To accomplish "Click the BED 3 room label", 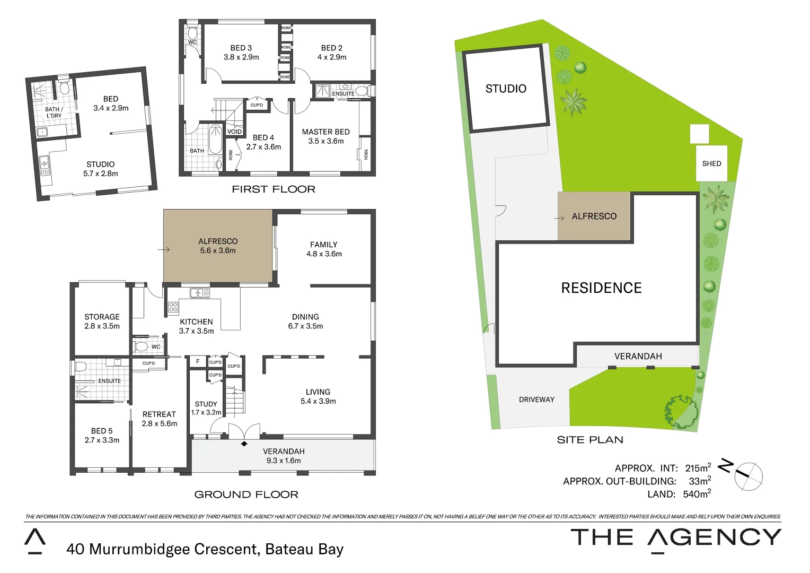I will click(241, 48).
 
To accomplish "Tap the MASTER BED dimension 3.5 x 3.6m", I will click(326, 141).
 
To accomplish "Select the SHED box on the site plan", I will click(711, 163).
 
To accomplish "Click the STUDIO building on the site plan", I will click(506, 89).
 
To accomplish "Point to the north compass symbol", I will click(747, 476).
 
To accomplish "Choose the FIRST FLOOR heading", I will click(274, 189).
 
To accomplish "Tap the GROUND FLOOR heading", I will click(246, 494).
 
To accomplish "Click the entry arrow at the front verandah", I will click(244, 443).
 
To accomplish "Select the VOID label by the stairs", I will click(234, 132).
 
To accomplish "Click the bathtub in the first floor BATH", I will click(215, 139).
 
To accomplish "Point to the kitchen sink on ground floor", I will click(200, 293).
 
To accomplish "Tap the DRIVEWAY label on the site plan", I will click(536, 400).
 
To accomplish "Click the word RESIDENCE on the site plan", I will click(601, 288).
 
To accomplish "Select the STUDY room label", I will click(206, 404).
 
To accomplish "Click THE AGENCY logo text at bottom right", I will click(675, 538).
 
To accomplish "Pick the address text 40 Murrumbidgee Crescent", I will click(205, 549).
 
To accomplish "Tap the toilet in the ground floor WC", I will click(142, 347).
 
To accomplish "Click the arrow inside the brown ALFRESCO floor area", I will click(164, 250).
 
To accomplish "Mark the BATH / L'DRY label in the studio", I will click(54, 112).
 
